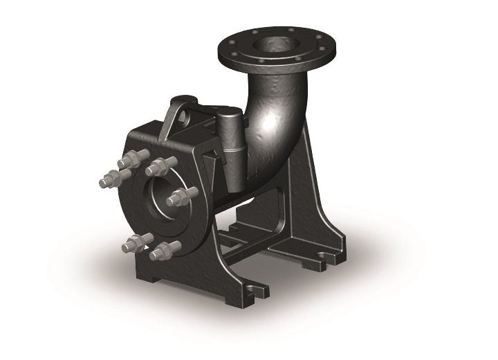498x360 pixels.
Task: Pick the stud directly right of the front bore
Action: click(179, 197)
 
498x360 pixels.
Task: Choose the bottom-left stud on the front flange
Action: click(135, 242)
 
